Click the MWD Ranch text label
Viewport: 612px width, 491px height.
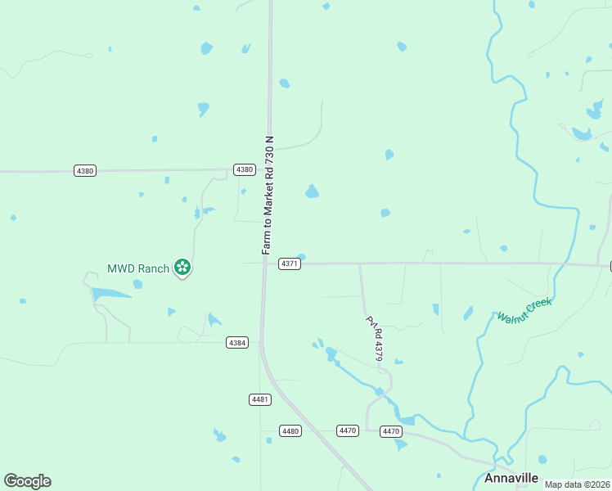pos(138,268)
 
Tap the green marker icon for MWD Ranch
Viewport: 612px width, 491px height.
pos(182,267)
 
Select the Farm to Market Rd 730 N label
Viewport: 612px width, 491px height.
pos(268,195)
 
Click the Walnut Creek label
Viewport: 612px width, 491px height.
pos(524,309)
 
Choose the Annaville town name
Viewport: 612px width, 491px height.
pos(511,478)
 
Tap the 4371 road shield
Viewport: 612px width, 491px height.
pos(289,264)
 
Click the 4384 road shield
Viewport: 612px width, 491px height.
pos(236,343)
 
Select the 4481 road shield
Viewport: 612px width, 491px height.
pos(259,399)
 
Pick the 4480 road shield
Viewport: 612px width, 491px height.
pos(289,430)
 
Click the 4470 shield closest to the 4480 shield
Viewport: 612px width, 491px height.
pos(348,430)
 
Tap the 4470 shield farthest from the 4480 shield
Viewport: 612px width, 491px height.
pos(391,431)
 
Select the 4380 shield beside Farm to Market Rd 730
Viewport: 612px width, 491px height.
pos(244,169)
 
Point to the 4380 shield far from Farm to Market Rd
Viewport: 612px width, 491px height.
pos(84,171)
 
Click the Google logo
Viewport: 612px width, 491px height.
pos(27,481)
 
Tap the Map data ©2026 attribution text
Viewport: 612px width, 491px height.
pos(576,484)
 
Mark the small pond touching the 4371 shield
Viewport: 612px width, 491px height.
pos(301,257)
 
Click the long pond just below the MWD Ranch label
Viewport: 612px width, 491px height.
pos(110,293)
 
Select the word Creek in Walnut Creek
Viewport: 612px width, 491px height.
pos(539,304)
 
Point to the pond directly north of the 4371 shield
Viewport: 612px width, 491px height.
pos(312,191)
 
